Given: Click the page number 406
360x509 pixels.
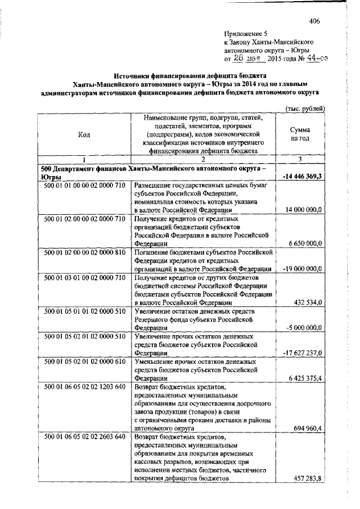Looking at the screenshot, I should coord(314,22).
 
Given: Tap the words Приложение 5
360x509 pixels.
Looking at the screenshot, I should coord(246,34).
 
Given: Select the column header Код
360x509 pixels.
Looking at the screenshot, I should coord(84,134).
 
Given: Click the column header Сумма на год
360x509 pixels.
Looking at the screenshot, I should coord(304,134).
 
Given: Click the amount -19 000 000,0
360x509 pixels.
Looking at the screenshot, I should coord(303,269).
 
